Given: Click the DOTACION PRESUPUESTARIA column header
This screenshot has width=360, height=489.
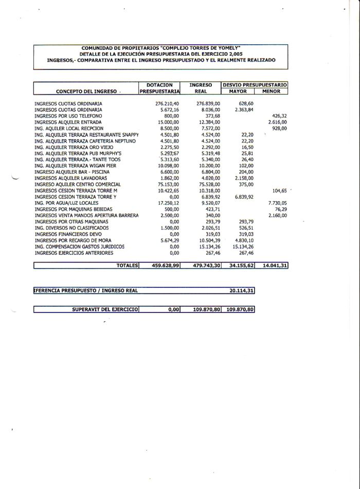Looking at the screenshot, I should [x=159, y=88].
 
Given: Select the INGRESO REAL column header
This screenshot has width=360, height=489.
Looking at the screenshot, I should [x=201, y=88].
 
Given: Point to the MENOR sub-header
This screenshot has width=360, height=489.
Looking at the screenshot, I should [x=271, y=91].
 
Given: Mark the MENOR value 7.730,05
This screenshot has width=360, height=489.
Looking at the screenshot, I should [x=277, y=203].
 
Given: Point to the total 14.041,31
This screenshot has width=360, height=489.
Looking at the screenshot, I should [x=273, y=265].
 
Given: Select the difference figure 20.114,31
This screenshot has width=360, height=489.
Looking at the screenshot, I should [x=241, y=290].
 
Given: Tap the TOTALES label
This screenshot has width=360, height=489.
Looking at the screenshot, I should [x=128, y=265].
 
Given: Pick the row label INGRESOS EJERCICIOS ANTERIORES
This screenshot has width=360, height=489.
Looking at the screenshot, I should [x=74, y=253].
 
